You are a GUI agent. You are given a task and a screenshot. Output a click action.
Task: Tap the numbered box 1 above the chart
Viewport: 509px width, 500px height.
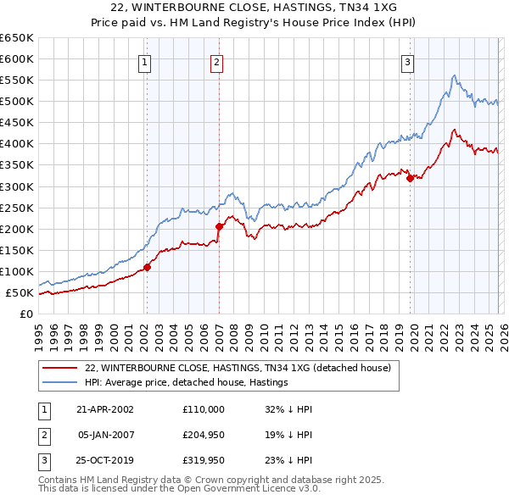145,62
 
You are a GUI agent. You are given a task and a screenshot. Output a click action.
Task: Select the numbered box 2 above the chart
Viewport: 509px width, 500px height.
217,62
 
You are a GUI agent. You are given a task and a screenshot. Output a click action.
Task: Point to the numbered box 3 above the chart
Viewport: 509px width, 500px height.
408,62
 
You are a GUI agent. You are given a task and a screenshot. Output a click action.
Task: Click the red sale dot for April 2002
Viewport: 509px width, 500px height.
147,267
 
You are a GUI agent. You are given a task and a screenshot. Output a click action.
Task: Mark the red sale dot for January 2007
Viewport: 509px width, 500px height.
219,226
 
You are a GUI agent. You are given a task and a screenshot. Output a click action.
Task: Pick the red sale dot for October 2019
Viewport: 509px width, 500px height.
410,178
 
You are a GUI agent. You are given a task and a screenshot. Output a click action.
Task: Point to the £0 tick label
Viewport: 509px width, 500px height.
25,314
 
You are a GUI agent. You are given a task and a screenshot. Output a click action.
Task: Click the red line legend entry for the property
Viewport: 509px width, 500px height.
238,368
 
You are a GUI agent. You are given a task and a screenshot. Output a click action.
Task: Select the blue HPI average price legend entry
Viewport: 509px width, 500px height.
187,383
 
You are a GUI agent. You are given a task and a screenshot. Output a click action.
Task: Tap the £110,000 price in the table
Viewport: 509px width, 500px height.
204,408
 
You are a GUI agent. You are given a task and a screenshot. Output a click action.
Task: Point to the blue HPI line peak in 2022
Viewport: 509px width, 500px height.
455,75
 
